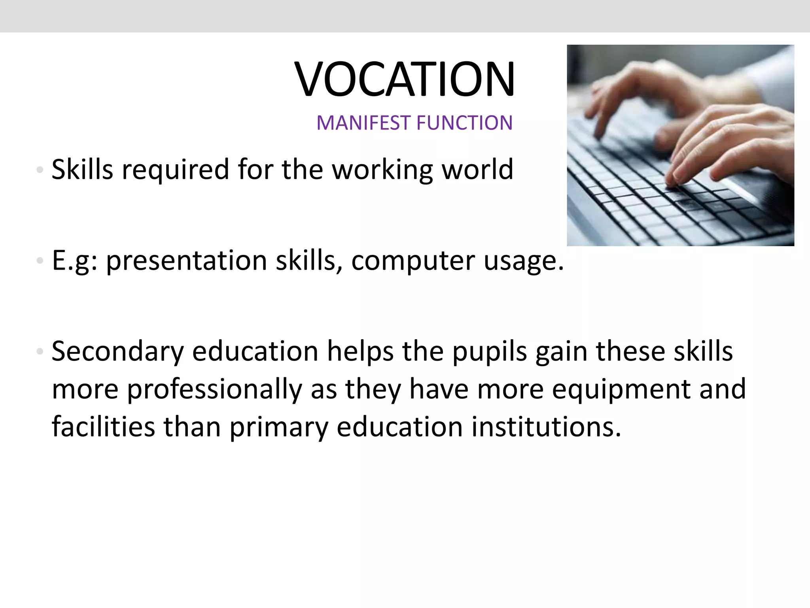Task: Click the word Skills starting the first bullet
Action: coord(82,169)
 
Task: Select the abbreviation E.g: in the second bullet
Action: coord(75,262)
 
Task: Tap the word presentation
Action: coord(187,262)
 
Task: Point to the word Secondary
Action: coord(117,352)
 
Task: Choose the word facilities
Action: coord(104,427)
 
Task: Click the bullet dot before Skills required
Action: coord(39,170)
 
